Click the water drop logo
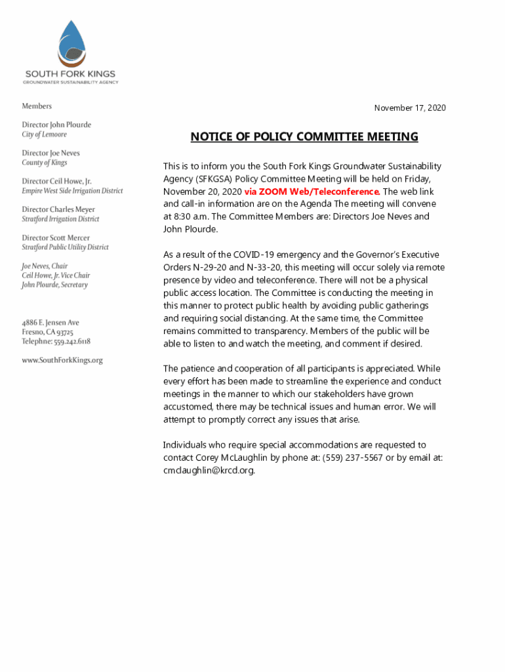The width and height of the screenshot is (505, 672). coord(71,42)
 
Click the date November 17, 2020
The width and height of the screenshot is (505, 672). coord(410,108)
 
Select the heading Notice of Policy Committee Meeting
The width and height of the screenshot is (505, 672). coord(304,137)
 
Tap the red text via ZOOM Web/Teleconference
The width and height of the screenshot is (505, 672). coord(312,192)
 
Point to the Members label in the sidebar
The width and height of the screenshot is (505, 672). coord(37,106)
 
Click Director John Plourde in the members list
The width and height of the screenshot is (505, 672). coord(56,125)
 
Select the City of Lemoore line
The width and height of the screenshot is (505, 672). coord(45,135)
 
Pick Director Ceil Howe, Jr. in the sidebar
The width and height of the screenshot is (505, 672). coord(57,181)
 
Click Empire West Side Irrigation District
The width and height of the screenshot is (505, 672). coord(72,191)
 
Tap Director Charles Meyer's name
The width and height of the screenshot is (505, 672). coord(58,209)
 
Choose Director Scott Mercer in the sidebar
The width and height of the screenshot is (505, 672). coord(56,238)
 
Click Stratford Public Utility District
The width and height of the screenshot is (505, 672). coord(66,247)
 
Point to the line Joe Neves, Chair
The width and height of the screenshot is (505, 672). coord(45,266)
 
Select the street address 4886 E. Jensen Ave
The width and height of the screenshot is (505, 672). coord(51,323)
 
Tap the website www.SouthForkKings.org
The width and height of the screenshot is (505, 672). coord(62,360)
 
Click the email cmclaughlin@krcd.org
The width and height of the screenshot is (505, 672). coord(209,470)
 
